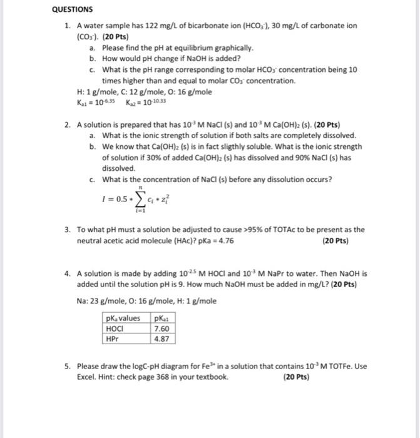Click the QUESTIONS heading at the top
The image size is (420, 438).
[71, 9]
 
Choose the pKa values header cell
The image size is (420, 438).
[123, 318]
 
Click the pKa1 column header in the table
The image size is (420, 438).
[161, 318]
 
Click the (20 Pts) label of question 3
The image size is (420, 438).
[335, 241]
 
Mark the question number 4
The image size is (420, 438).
[67, 274]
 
